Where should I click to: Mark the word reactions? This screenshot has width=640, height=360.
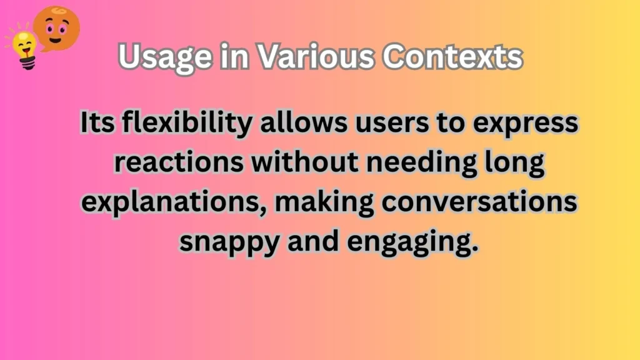(169, 163)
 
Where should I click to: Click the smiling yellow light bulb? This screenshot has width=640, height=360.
(25, 46)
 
